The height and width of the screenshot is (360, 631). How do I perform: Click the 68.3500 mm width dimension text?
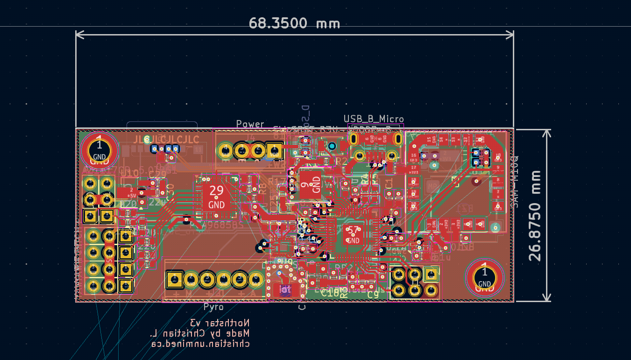(x=294, y=23)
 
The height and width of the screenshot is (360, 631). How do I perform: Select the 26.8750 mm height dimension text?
(x=535, y=216)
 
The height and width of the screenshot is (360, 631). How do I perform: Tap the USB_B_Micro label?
(x=374, y=119)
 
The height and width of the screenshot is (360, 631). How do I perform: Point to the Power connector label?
(x=250, y=124)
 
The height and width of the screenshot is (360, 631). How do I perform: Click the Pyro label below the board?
(x=213, y=307)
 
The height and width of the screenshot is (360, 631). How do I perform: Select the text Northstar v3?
(x=220, y=323)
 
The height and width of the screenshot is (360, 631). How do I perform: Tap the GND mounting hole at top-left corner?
(x=99, y=150)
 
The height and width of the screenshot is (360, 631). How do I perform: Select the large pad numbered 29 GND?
(x=216, y=196)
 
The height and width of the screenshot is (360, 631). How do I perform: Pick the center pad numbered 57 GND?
(x=353, y=234)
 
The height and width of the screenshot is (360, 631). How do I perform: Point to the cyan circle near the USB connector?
(x=332, y=146)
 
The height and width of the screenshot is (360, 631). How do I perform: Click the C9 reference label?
(x=373, y=295)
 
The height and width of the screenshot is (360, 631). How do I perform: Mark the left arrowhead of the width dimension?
(x=78, y=35)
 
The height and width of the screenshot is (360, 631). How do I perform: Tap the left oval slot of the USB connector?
(x=354, y=139)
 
